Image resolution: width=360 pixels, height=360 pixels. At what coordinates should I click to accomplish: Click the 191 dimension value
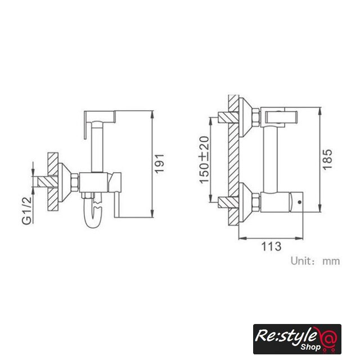[159, 164]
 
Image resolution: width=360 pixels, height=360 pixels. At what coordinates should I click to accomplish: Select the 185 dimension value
[327, 159]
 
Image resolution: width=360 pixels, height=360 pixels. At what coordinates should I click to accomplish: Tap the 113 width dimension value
[271, 246]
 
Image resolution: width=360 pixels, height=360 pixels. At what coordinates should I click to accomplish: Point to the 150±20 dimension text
[204, 160]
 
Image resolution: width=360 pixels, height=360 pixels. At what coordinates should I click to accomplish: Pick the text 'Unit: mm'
[315, 261]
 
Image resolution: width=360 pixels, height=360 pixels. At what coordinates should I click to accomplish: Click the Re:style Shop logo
[297, 339]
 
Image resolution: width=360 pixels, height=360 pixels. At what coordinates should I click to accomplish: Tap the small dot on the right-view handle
[299, 202]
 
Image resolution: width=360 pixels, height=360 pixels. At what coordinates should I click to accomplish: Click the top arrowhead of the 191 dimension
[152, 115]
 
